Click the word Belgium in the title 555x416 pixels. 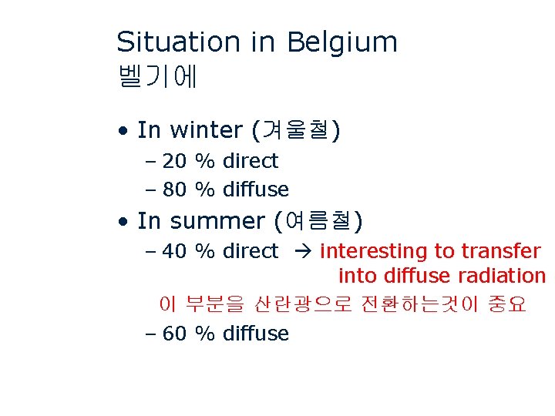(341, 43)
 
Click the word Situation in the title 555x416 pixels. (178, 42)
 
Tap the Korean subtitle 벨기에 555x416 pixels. (158, 76)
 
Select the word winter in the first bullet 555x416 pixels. (206, 130)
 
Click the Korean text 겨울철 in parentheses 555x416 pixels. (297, 130)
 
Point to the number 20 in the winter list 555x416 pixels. (174, 161)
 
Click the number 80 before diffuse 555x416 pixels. (174, 189)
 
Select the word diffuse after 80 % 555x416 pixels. (256, 189)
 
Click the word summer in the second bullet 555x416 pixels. (217, 221)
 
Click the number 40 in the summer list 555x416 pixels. (174, 251)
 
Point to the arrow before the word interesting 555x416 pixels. (299, 251)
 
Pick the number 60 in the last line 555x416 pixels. (174, 334)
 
